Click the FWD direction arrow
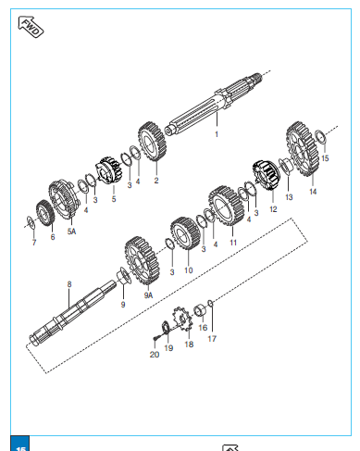point(31,27)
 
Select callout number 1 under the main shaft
point(217,134)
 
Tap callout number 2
point(156,181)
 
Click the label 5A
point(71,232)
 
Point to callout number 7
point(34,243)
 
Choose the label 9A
point(148,295)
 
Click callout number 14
point(313,192)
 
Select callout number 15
point(325,158)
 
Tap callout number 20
point(155,355)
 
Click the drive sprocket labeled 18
point(182,320)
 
